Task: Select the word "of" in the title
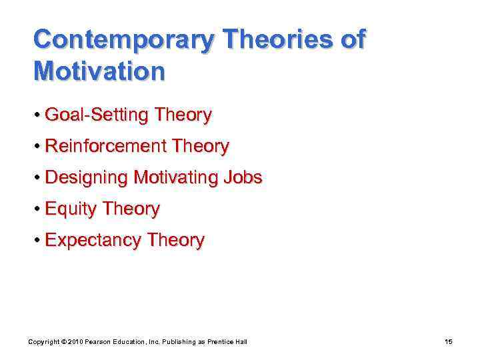pos(352,40)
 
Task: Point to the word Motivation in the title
pos(99,71)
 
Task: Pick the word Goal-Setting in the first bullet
pos(97,115)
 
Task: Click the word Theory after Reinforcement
pos(204,147)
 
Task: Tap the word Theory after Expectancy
pos(178,241)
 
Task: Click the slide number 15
pos(448,342)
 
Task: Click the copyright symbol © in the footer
pos(61,342)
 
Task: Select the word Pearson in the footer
pos(99,342)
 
